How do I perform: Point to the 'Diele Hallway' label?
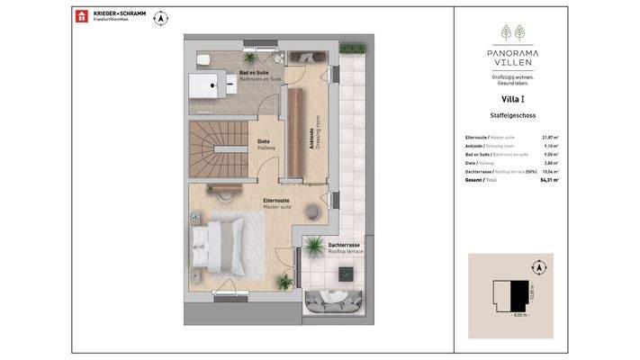coord(266,144)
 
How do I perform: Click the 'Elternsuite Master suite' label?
coord(277,203)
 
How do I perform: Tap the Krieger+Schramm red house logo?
coord(81,16)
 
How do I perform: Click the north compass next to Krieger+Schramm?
coord(160,17)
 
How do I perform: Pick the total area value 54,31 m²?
coord(549,180)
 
